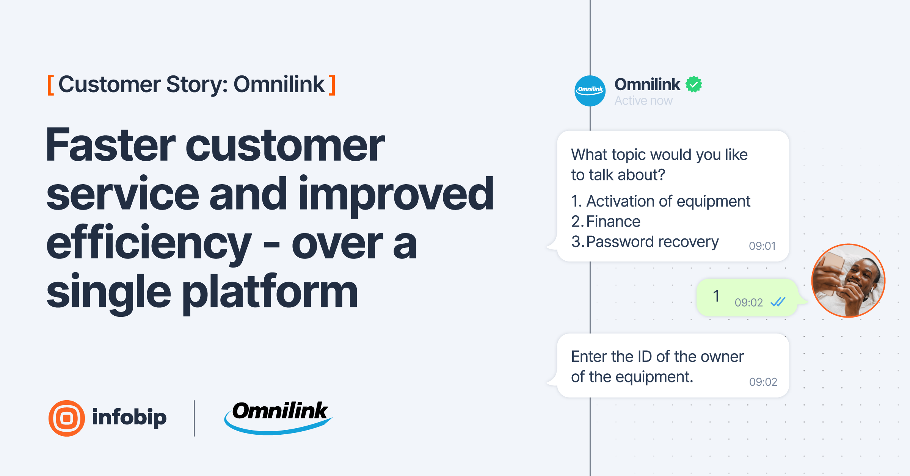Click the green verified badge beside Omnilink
693,84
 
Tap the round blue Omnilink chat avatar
590,91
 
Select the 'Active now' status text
643,101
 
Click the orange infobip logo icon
67,418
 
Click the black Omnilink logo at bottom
278,417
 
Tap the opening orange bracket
50,85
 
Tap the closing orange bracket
332,85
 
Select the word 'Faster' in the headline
110,145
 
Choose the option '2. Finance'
606,221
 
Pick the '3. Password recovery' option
645,242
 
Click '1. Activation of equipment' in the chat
661,201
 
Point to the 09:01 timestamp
762,246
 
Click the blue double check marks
778,302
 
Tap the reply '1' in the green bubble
716,296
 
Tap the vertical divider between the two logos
194,418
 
